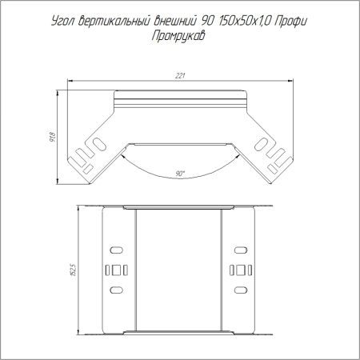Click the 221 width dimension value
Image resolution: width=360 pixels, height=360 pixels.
pyautogui.click(x=180, y=76)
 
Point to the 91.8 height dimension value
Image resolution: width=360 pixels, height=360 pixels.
pyautogui.click(x=53, y=137)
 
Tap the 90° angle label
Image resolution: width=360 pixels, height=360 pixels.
pyautogui.click(x=180, y=174)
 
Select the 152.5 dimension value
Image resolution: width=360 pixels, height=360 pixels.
pyautogui.click(x=74, y=270)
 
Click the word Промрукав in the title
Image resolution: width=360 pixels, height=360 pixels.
pyautogui.click(x=178, y=36)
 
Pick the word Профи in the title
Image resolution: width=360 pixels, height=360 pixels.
pyautogui.click(x=290, y=21)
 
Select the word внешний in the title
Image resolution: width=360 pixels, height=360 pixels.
pyautogui.click(x=176, y=21)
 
